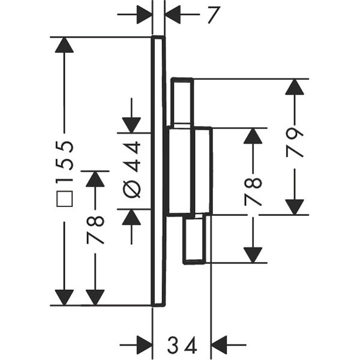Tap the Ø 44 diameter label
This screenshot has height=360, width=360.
pos(131,168)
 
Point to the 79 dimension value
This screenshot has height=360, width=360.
pos(294,142)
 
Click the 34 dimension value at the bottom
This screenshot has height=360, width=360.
pos(182,346)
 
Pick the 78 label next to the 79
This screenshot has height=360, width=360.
pos(254,191)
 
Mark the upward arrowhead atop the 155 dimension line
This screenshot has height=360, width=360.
pos(64,46)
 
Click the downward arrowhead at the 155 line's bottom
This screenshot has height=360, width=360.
pos(64,297)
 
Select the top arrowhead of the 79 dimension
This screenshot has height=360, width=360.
pos(294,88)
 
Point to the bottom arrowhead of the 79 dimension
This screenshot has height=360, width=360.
pos(294,206)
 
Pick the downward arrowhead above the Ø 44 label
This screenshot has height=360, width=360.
pos(131,123)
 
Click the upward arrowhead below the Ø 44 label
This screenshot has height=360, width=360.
pos(131,217)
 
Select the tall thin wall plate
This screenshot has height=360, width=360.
pos(158,171)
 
